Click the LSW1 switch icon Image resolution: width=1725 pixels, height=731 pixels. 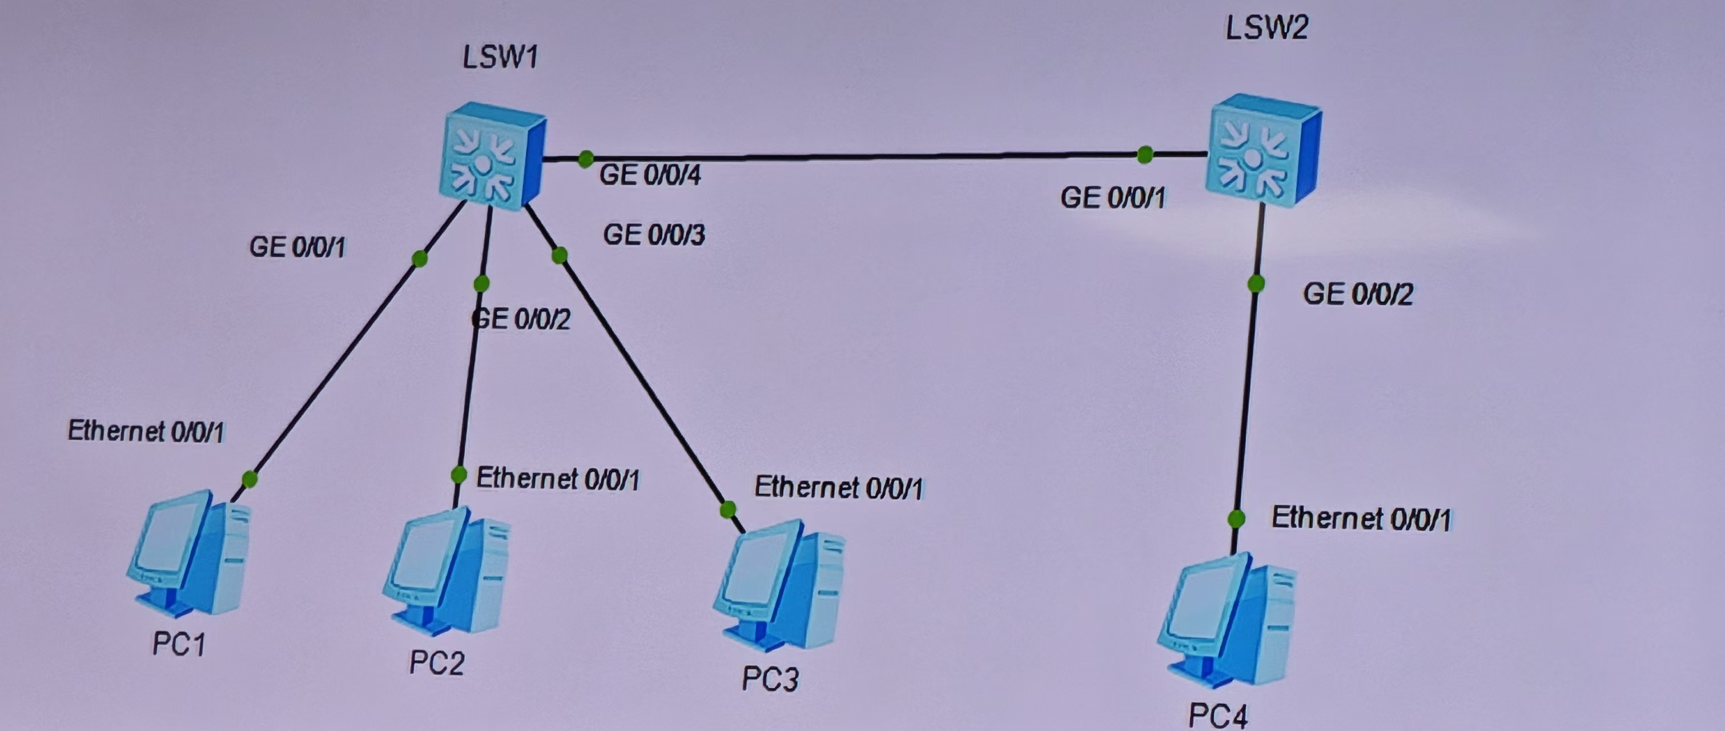(492, 155)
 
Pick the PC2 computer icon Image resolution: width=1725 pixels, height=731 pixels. (446, 572)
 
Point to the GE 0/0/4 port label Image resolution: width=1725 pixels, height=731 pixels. (650, 175)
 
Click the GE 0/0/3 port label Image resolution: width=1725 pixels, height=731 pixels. (654, 235)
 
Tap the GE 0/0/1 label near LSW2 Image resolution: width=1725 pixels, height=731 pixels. (1112, 198)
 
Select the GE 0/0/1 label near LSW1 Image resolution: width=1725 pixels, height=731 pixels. (297, 247)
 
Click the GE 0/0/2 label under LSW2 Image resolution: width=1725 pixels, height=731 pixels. (1357, 294)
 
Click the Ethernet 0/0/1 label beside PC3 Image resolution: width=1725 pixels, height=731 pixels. (838, 488)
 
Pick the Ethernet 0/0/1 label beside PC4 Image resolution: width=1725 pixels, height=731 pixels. (1361, 519)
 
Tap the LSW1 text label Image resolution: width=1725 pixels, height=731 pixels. (500, 58)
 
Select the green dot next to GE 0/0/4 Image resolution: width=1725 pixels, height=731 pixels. (585, 159)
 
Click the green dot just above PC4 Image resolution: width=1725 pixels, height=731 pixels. (1236, 519)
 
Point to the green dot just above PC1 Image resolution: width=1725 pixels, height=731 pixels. (249, 479)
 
